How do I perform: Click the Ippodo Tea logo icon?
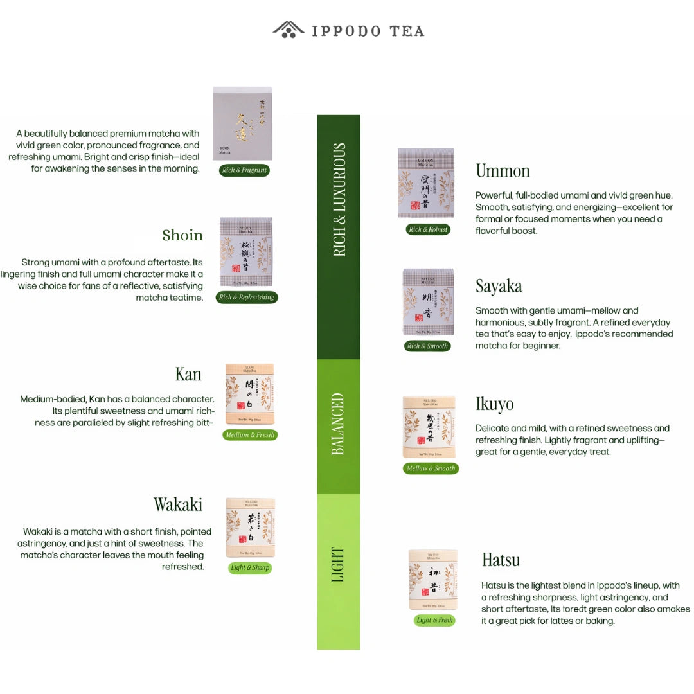click(289, 30)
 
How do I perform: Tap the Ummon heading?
click(503, 171)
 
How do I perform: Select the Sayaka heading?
click(499, 286)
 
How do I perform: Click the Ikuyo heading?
click(494, 404)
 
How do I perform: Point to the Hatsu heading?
click(501, 560)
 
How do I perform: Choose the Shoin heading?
click(182, 235)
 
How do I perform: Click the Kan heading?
click(188, 374)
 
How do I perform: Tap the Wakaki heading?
click(178, 504)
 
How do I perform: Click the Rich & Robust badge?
click(428, 229)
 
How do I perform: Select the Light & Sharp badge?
click(250, 568)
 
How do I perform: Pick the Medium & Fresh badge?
click(250, 435)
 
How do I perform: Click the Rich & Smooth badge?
click(427, 346)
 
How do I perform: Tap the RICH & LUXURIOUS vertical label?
click(339, 200)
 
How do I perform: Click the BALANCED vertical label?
click(339, 424)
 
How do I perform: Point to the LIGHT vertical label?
click(339, 564)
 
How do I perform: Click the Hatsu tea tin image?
click(433, 580)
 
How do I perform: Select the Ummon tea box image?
click(425, 183)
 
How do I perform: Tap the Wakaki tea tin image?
click(251, 528)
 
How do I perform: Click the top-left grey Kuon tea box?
click(242, 123)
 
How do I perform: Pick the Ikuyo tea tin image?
click(429, 426)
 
